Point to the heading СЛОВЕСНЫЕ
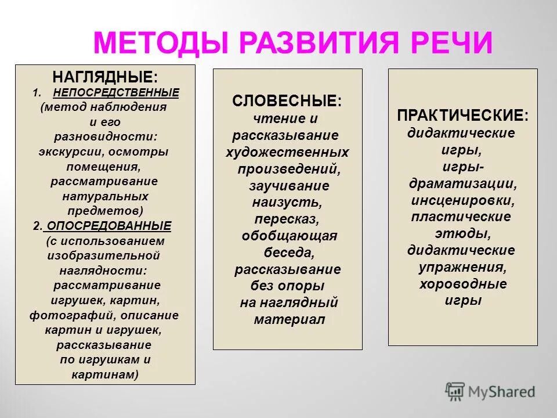click(x=287, y=101)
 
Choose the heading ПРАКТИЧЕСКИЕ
click(x=462, y=115)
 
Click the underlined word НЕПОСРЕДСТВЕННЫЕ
click(x=116, y=92)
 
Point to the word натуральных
click(x=105, y=196)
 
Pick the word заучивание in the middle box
click(x=289, y=186)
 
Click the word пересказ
click(x=286, y=219)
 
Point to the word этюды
click(x=462, y=234)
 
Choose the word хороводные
click(x=462, y=284)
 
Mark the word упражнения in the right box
click(x=462, y=267)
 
